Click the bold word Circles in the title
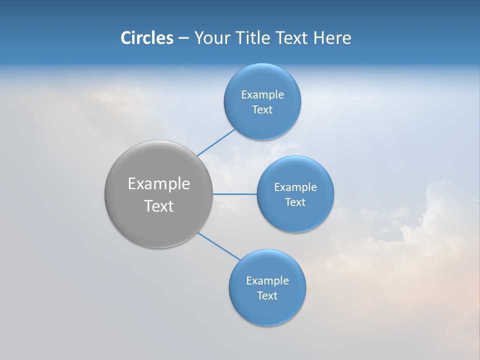(147, 38)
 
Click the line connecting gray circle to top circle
(216, 142)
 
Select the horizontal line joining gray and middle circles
(234, 194)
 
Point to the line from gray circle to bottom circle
(219, 246)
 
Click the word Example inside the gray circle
(158, 184)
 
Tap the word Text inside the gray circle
(158, 206)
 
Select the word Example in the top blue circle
(262, 94)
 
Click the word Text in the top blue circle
(262, 109)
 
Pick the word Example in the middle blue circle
(295, 187)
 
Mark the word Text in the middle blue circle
(295, 202)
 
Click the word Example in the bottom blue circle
(267, 280)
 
